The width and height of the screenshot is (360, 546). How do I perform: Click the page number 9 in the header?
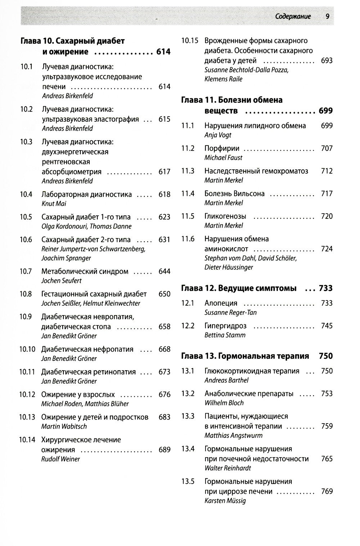tap(327, 16)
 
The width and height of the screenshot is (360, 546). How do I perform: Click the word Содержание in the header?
tap(293, 17)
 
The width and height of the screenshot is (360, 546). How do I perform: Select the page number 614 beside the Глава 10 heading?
tap(163, 52)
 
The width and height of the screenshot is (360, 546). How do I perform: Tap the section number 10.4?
tap(26, 194)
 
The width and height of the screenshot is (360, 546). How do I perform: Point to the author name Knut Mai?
tap(54, 204)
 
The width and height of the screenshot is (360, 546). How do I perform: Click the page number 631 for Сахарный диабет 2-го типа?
tap(165, 240)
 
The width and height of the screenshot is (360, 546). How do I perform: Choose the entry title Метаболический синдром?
tap(85, 272)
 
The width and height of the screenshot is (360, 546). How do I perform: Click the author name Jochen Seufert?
tap(62, 281)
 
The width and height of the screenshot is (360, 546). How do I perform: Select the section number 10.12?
tap(27, 395)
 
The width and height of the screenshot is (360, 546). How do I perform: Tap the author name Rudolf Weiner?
tap(60, 459)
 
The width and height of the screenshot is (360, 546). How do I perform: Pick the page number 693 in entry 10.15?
tap(327, 61)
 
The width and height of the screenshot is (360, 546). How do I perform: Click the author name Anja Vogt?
tap(218, 135)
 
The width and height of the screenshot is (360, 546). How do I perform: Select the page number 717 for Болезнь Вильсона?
tap(327, 194)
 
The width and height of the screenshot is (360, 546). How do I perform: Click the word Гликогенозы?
tap(225, 216)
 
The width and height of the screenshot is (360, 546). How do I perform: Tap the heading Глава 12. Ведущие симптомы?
tap(239, 288)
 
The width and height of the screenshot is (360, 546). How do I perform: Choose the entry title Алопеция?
tap(221, 303)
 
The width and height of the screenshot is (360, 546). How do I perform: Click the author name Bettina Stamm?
tap(225, 335)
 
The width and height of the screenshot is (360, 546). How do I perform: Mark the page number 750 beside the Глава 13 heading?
tap(326, 356)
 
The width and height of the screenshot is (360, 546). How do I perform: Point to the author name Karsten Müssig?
tap(225, 501)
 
